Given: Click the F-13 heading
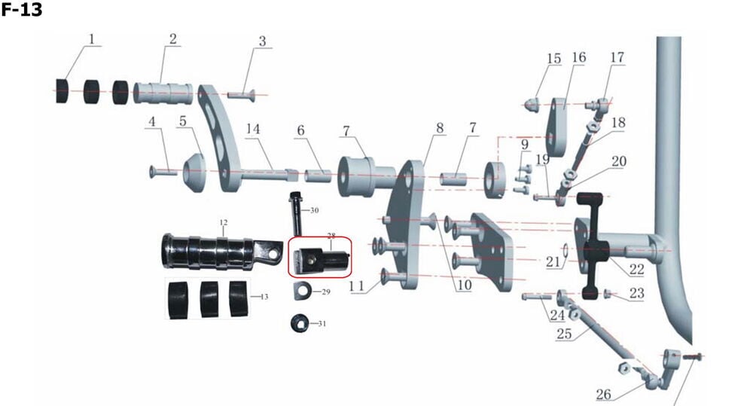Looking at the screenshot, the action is [x=21, y=10].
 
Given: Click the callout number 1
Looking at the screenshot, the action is [x=92, y=39].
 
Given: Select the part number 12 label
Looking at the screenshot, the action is [x=224, y=222].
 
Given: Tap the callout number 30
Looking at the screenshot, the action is [x=315, y=210].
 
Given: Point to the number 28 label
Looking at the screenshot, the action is [x=331, y=236].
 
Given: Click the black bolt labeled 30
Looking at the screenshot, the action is [x=295, y=213].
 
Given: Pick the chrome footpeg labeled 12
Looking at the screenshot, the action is [x=221, y=252].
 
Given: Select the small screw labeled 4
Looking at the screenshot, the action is [x=163, y=170].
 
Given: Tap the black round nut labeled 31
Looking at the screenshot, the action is [x=300, y=323].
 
